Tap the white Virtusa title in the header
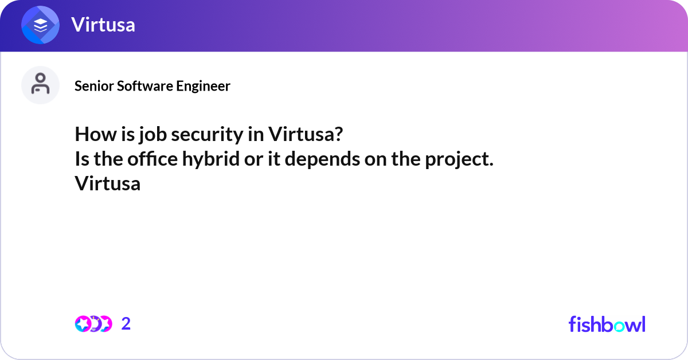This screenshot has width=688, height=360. [103, 25]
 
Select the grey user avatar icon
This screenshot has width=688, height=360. [40, 84]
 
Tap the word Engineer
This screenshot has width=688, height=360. [203, 86]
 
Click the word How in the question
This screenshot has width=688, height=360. [92, 135]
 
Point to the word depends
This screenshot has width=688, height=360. [322, 159]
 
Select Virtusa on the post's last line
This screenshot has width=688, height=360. [107, 184]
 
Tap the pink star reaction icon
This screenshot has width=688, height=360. [83, 324]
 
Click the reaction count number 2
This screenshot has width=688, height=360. [126, 324]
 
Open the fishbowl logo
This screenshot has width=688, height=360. [607, 324]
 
